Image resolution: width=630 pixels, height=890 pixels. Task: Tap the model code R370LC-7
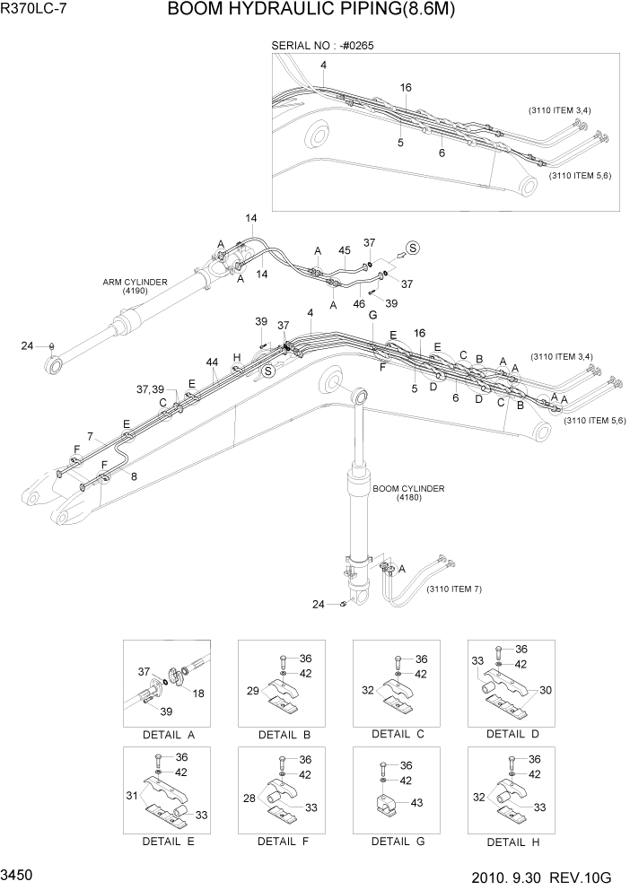(32, 12)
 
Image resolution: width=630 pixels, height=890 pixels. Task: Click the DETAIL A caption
(169, 735)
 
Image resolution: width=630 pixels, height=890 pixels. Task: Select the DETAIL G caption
(398, 842)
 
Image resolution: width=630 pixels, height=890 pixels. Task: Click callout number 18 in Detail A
(198, 694)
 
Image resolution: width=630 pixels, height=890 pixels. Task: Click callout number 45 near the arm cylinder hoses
(345, 250)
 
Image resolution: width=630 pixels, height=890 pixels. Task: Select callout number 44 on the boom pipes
(212, 362)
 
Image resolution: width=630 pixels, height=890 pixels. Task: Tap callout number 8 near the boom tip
(134, 476)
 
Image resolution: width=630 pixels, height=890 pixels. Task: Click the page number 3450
(19, 873)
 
